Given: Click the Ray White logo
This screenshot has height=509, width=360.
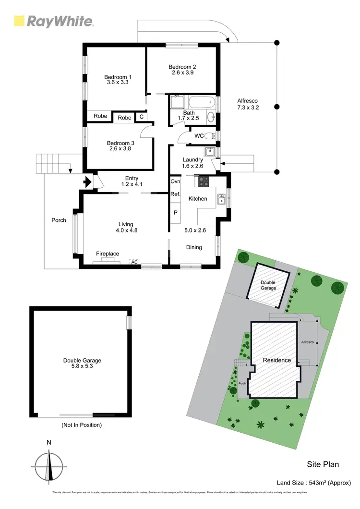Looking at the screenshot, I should point(53,21).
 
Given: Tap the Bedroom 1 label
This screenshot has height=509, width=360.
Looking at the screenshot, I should point(118,77).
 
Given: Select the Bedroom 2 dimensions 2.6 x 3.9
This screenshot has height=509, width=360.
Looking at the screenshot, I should point(182,73).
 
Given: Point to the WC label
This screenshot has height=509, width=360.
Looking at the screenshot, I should point(199,136).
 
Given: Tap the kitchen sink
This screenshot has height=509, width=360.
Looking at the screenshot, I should point(222,198).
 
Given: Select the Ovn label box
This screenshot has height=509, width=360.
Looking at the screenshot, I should point(175,182).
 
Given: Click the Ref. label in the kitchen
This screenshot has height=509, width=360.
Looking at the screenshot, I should point(175,194).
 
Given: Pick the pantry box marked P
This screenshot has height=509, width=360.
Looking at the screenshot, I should point(175,212).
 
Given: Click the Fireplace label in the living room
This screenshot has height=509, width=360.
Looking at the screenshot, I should point(108,254).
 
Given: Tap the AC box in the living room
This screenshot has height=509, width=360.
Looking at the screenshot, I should point(134,262).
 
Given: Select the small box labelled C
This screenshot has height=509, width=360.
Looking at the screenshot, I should point(141,117).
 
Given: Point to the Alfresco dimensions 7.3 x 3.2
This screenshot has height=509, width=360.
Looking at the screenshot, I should point(248,108).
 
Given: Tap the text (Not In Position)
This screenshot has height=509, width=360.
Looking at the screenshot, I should point(82,425).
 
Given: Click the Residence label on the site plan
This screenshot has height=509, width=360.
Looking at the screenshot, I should point(276,360).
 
